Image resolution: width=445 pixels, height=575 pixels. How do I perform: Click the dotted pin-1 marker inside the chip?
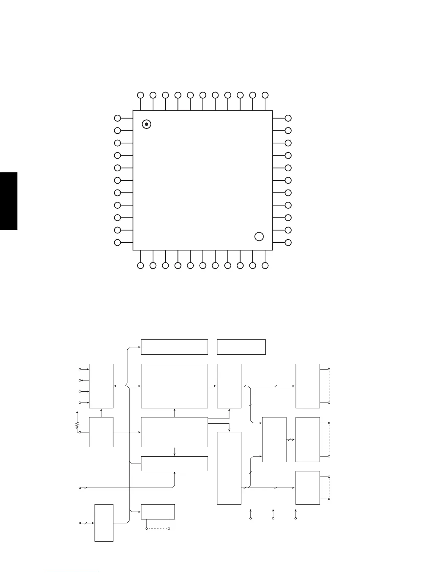pos(146,124)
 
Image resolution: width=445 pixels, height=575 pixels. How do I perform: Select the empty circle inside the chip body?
pos(259,237)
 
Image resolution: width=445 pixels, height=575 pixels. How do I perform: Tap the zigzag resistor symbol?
pos(77,425)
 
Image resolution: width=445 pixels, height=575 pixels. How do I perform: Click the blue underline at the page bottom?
pos(72,572)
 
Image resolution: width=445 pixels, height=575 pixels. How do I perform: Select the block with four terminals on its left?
pos(101,386)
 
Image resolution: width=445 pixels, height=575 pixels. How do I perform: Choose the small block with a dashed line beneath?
pos(158,511)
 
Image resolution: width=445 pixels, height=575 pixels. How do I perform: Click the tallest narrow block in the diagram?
pos(229,468)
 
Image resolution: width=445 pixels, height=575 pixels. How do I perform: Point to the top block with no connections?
pos(241,347)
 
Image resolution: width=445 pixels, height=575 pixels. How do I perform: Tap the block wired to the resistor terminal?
pos(101,432)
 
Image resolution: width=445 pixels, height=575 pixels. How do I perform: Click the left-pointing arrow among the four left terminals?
pos(84,380)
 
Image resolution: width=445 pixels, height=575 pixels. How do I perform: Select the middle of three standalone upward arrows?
pos(273,514)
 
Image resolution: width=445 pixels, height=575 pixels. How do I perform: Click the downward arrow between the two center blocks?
pos(175,452)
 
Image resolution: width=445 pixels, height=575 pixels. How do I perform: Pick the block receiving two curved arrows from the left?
pos(274,440)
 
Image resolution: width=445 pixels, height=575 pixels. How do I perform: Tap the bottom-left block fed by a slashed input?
pos(104,523)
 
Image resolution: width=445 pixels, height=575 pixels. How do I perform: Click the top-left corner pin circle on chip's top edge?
pos(141,95)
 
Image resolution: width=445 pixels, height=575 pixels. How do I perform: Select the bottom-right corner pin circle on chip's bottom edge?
pos(265,266)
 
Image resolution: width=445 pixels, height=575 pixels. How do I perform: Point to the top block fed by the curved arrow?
pos(174,347)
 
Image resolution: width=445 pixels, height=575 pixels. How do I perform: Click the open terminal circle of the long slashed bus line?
pos(80,488)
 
